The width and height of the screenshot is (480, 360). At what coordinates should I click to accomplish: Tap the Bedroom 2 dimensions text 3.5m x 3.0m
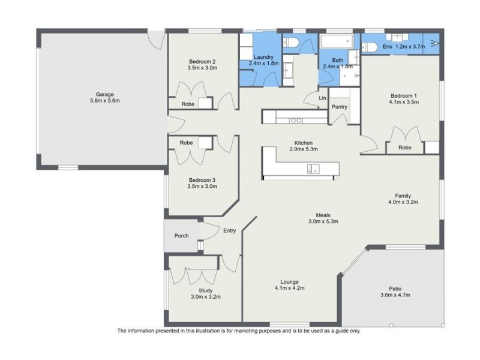(x=202, y=68)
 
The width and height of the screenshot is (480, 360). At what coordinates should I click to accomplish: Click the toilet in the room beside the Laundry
(x=291, y=42)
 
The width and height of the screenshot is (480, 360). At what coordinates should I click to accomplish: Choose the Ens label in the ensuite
(x=388, y=47)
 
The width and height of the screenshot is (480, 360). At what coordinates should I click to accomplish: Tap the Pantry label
(x=340, y=107)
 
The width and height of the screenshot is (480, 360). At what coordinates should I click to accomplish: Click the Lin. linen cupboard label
(x=323, y=98)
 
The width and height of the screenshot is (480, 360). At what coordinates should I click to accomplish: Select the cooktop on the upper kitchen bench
(x=296, y=120)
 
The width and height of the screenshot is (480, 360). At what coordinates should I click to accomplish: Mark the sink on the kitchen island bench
(x=313, y=169)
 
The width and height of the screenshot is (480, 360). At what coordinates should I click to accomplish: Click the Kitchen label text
(x=303, y=142)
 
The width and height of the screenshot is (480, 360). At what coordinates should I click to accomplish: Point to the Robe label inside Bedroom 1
(x=405, y=147)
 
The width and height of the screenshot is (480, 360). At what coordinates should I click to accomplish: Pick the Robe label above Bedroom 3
(x=187, y=143)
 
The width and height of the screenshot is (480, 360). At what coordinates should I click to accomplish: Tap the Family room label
(x=403, y=196)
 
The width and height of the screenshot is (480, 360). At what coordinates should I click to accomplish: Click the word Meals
(x=323, y=215)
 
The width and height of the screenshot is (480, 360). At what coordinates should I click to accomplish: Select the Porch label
(x=181, y=236)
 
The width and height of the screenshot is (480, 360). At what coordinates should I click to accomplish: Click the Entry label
(x=230, y=230)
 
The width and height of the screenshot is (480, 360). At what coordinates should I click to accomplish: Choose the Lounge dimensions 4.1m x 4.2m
(x=289, y=288)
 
